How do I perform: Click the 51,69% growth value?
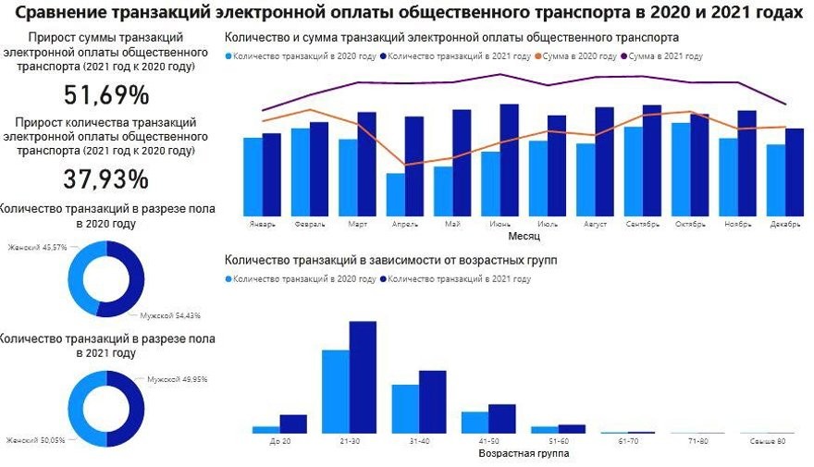[105, 95]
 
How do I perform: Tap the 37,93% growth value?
[105, 178]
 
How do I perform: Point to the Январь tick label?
[263, 225]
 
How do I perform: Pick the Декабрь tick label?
[784, 225]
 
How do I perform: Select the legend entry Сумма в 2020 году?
[580, 56]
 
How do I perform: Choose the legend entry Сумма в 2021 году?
[665, 56]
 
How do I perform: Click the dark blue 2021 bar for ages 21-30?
[363, 376]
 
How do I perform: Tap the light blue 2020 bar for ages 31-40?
[405, 408]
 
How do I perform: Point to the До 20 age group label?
[279, 442]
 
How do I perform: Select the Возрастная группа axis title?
[524, 454]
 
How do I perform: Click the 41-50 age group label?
[487, 442]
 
